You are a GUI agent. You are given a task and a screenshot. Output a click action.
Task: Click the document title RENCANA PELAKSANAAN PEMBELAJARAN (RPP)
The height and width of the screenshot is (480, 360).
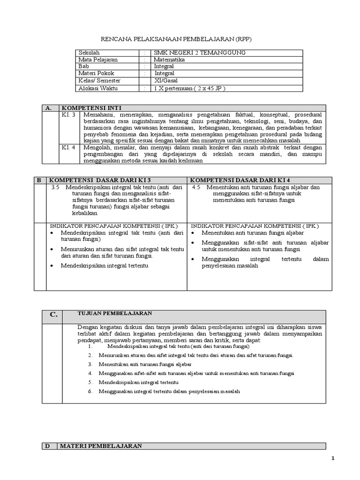180,39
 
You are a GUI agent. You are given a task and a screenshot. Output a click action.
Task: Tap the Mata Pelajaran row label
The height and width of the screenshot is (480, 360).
98,60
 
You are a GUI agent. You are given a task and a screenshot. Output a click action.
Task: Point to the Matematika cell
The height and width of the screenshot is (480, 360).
169,60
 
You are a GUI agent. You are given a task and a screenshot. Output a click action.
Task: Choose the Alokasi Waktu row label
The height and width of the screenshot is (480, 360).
98,88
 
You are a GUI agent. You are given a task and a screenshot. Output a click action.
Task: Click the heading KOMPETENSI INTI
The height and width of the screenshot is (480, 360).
91,108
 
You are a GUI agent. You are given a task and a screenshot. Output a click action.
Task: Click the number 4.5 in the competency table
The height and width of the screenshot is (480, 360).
196,187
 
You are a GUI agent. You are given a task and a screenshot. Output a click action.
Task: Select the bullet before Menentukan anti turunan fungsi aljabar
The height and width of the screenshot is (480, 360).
192,233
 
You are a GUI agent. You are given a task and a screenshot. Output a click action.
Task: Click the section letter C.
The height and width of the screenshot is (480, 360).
54,315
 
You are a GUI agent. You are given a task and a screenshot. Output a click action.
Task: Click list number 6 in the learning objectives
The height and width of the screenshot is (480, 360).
90,391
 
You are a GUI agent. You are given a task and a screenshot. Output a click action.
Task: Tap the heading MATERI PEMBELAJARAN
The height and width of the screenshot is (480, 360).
101,446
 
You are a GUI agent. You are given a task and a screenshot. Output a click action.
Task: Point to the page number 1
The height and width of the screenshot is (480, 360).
333,459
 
